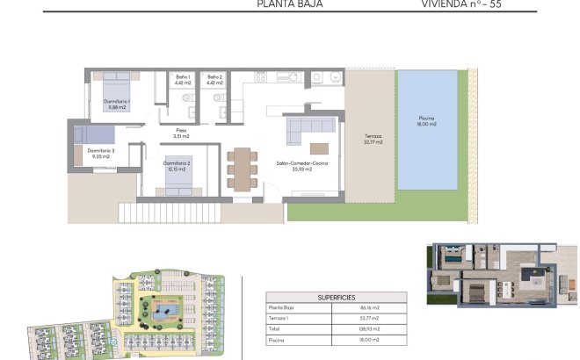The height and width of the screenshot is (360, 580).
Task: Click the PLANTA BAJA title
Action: [289, 4]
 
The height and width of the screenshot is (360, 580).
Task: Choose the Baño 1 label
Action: [183, 80]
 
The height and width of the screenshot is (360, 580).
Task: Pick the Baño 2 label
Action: [215, 80]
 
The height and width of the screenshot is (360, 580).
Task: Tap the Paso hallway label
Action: [181, 133]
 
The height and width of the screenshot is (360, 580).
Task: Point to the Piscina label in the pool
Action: [426, 121]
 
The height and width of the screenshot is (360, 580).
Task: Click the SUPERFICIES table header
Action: [337, 297]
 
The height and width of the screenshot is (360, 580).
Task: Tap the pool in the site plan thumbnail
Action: [162, 312]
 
